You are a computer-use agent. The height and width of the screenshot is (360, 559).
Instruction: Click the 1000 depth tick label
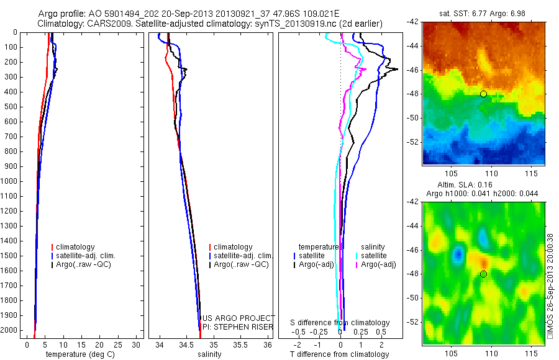point(9,181)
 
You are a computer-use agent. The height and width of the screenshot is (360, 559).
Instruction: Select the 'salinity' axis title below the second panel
point(208,354)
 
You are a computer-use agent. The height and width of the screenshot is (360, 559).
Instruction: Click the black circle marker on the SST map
point(483,94)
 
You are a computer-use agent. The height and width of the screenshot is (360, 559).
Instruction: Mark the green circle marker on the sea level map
point(483,274)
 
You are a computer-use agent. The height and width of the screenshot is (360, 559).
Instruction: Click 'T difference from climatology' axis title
point(339,354)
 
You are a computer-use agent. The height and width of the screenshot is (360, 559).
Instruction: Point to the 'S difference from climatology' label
point(340,323)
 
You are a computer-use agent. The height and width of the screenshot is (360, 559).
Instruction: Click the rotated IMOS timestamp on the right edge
point(550,286)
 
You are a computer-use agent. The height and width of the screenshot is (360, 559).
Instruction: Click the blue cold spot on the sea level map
point(458,253)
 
